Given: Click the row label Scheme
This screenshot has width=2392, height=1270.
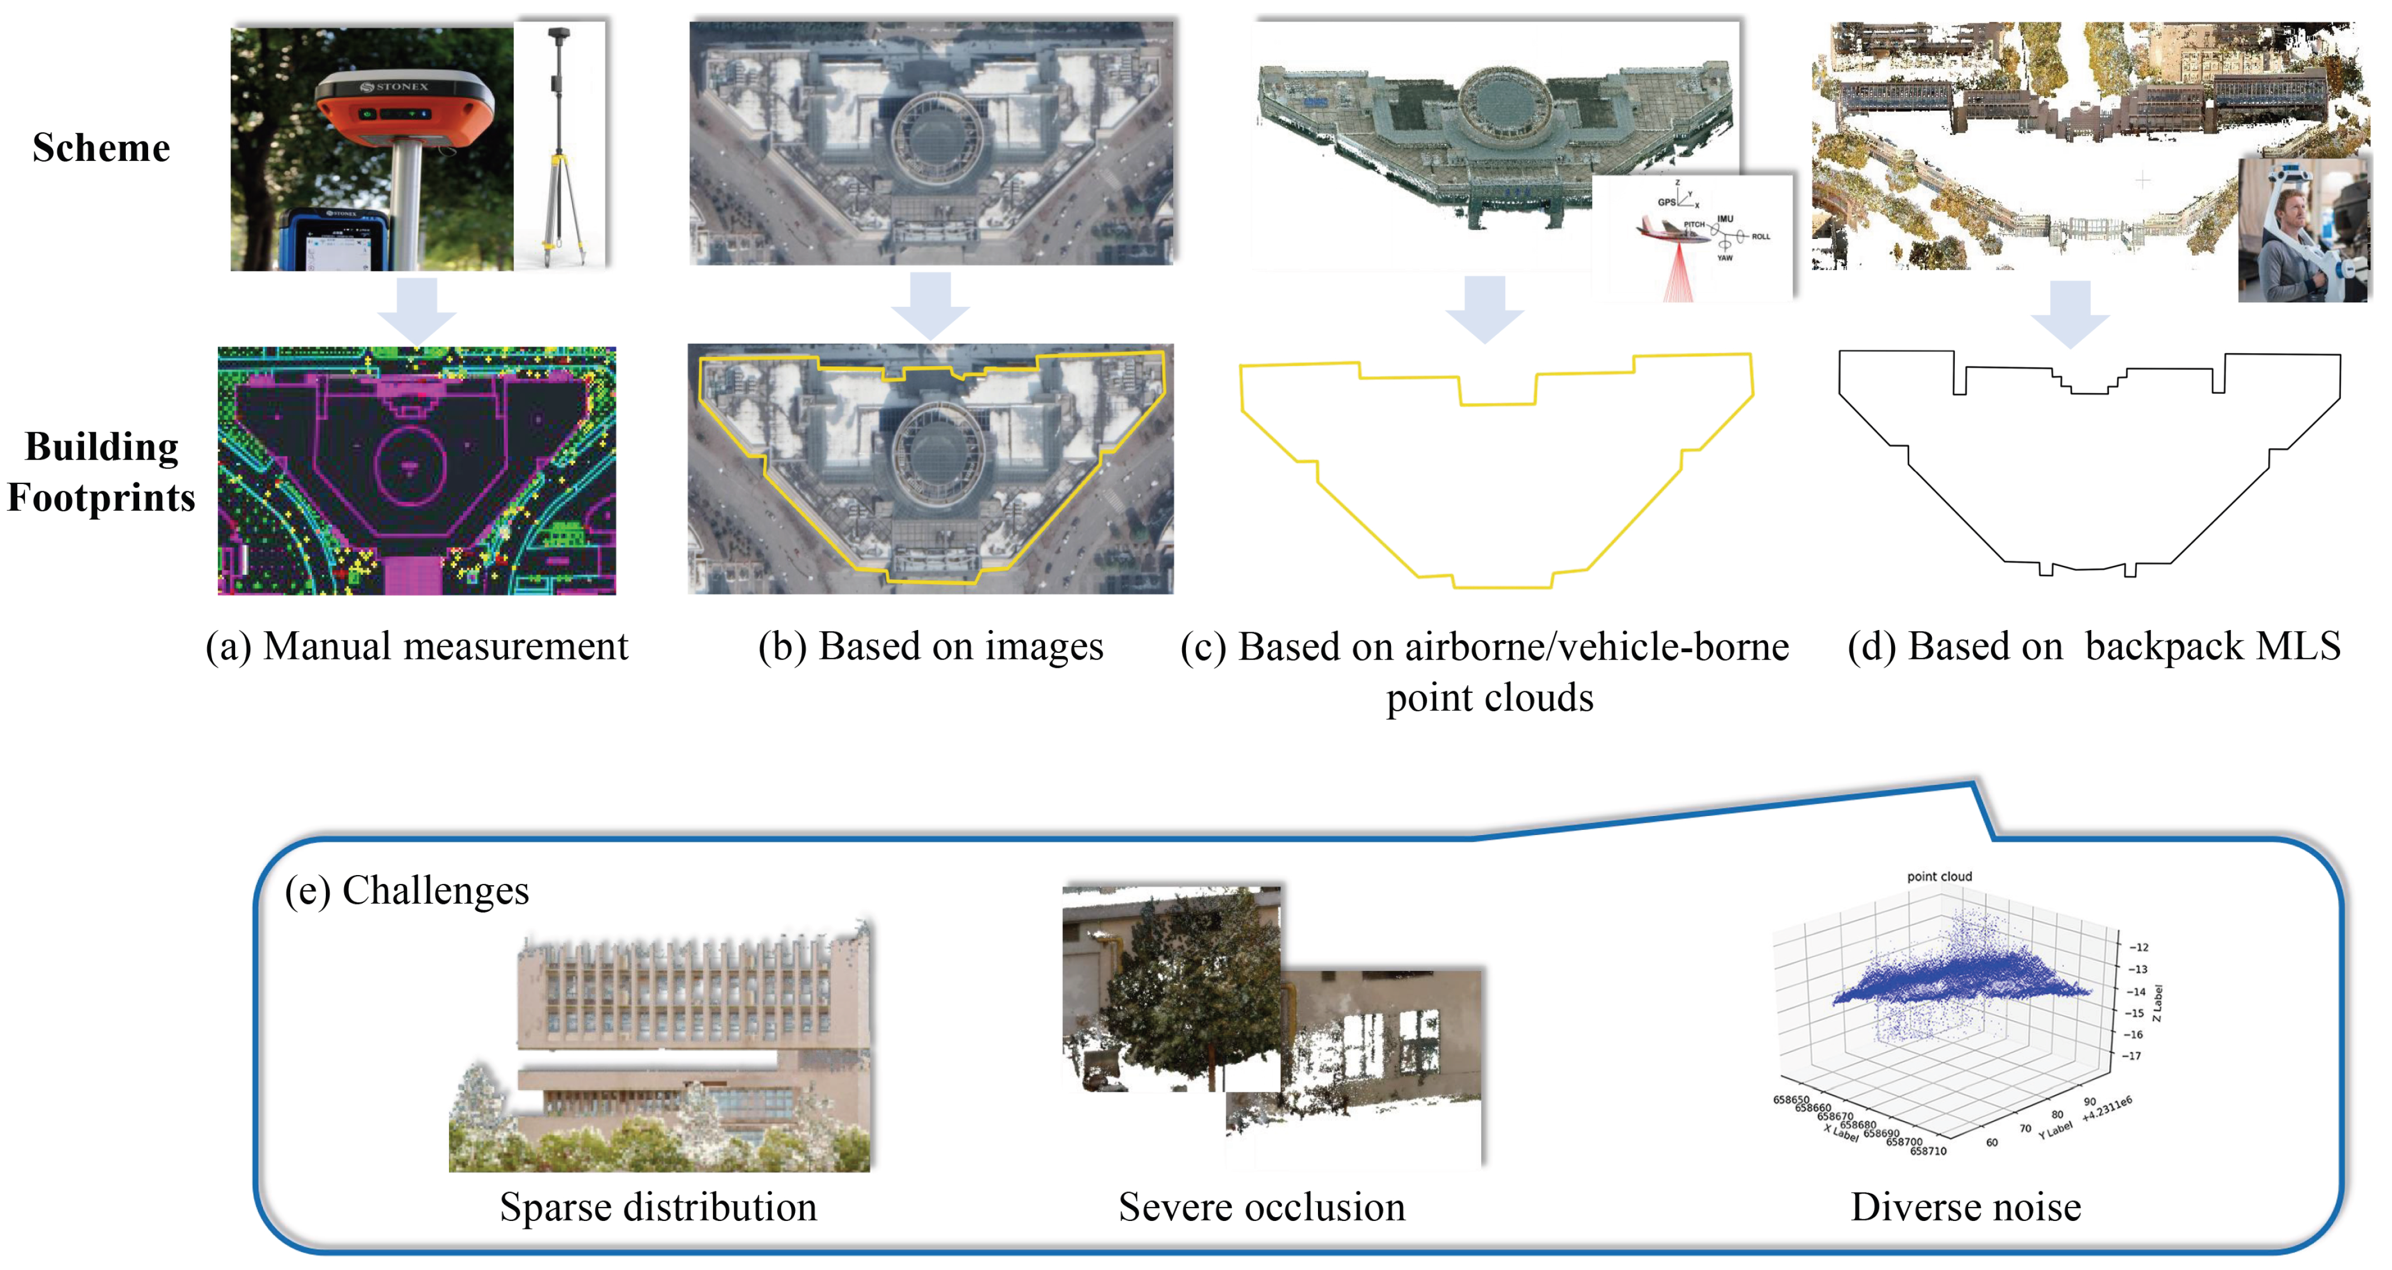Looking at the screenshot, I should tap(101, 148).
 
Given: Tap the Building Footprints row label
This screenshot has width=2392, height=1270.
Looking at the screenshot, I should tap(101, 472).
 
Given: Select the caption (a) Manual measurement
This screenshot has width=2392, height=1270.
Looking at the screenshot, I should tap(417, 646).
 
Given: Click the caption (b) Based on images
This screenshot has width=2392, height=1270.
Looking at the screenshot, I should tap(930, 646).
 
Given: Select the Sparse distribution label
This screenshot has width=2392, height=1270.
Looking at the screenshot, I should tap(658, 1207).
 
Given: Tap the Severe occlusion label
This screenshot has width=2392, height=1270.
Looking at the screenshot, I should tap(1261, 1207).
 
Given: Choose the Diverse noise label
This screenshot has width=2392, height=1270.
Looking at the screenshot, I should tap(1966, 1207).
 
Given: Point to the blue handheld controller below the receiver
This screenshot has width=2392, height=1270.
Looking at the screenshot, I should tap(334, 241).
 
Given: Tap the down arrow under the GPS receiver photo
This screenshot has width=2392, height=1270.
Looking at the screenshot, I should tap(417, 309).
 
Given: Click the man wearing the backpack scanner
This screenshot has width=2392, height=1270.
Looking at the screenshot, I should tap(2292, 232).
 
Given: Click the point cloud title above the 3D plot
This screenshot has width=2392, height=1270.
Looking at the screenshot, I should tap(1939, 876).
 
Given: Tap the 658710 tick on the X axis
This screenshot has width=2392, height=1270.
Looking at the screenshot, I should tap(1928, 1151).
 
